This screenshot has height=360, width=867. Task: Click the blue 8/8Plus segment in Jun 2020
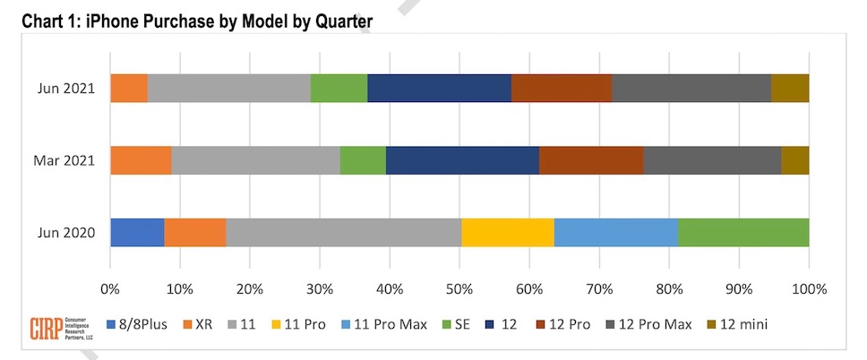pyautogui.click(x=137, y=232)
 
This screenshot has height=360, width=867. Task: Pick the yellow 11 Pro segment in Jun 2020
pyautogui.click(x=507, y=232)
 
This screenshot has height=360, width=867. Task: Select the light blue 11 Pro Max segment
pyautogui.click(x=615, y=232)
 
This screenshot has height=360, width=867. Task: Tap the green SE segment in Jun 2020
pyautogui.click(x=743, y=232)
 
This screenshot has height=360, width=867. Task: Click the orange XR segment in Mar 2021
pyautogui.click(x=141, y=160)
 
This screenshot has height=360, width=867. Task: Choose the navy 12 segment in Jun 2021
pyautogui.click(x=439, y=89)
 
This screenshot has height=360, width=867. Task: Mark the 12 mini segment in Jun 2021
pyautogui.click(x=790, y=89)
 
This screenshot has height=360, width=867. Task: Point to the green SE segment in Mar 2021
pyautogui.click(x=363, y=160)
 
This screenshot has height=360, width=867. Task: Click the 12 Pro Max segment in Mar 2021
pyautogui.click(x=712, y=160)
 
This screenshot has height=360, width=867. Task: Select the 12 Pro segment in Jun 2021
pyautogui.click(x=562, y=89)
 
